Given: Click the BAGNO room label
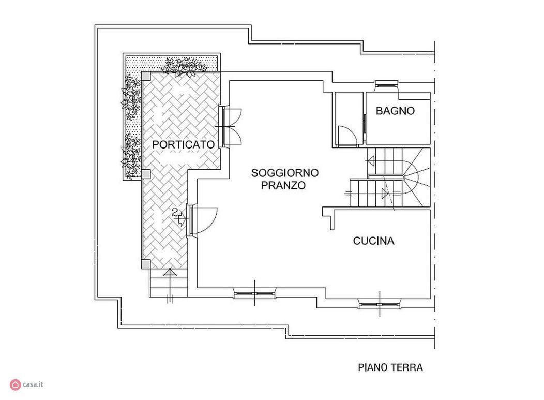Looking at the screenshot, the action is coord(395,111).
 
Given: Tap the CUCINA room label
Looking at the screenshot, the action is coord(374,241).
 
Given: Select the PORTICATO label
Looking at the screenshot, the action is coord(184,144).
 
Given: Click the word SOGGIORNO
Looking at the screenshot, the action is coord(285,172).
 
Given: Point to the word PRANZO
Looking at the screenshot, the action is coord(283,185).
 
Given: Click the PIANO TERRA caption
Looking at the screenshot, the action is coord(390,367).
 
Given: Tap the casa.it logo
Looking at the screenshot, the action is coord(27,384).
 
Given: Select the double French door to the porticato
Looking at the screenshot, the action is coord(230,127).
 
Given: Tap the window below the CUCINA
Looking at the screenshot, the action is coord(380,305).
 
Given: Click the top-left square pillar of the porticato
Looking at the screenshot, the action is coord(146,76).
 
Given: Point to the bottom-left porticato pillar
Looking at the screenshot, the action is coord(146,264).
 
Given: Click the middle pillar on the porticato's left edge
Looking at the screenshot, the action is coord(146,174).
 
